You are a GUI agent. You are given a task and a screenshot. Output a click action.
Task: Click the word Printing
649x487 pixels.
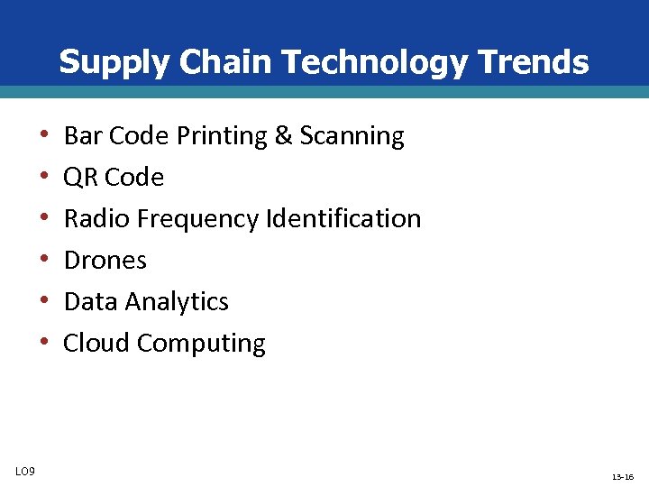coord(222,136)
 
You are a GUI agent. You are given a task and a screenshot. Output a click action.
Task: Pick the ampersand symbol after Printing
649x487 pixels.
coord(283,136)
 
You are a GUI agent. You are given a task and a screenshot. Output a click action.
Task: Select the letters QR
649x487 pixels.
coord(81,178)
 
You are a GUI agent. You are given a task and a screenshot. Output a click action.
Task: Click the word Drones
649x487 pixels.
coord(105,261)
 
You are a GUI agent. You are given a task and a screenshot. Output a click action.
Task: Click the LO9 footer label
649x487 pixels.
coord(25,472)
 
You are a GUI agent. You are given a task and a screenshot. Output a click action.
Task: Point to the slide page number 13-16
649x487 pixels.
coord(623,476)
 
